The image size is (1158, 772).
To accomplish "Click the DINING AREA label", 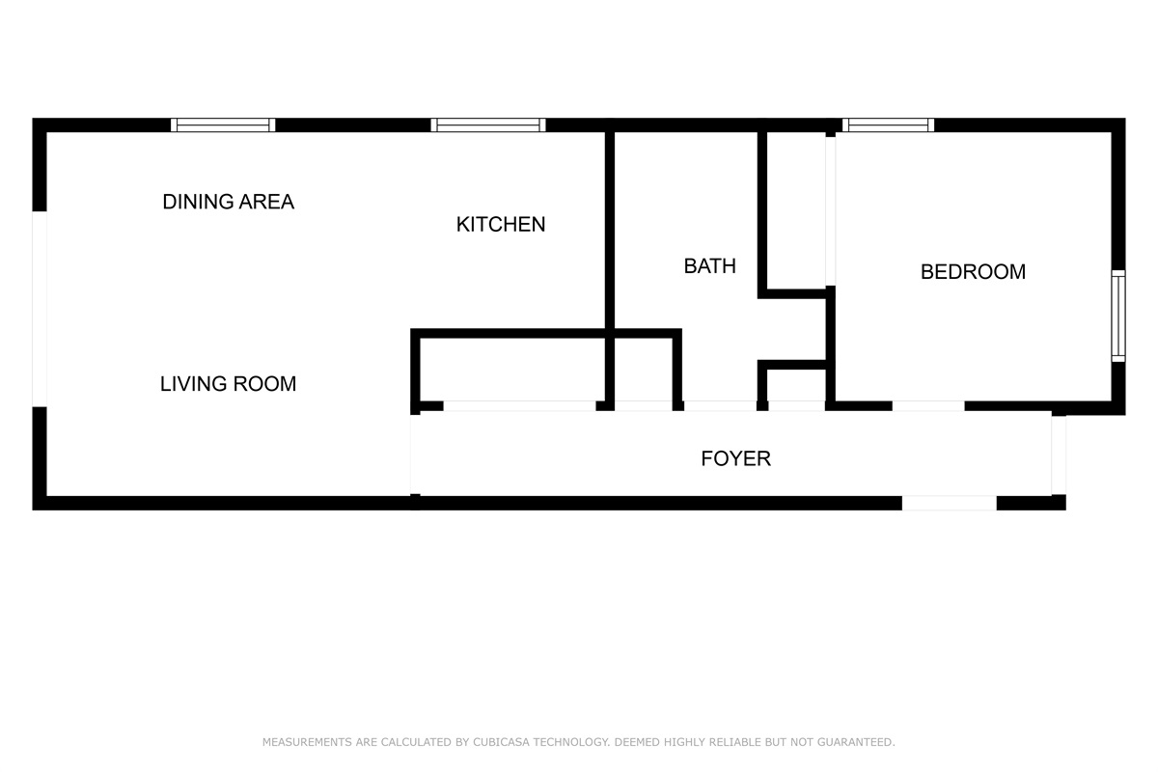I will [x=228, y=202].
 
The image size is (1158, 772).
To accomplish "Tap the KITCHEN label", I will [x=500, y=225].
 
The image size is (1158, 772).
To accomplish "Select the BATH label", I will [x=709, y=266].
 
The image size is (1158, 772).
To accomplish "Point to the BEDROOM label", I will [x=973, y=272].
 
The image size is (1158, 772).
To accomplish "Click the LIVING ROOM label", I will [x=228, y=384].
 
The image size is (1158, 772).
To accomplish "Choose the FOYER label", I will [x=735, y=458].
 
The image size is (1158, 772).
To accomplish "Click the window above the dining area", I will [x=223, y=124].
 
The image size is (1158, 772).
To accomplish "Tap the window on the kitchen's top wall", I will [x=488, y=124].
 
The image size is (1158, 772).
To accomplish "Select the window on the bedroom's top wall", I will [x=888, y=124].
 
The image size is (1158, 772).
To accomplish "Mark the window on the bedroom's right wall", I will [x=1117, y=316].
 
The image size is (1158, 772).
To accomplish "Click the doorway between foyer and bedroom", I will [x=927, y=406].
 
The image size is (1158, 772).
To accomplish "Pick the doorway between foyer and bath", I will [x=720, y=406].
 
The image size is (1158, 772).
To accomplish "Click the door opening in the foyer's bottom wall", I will [x=949, y=503].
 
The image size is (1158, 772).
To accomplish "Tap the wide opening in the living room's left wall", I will [x=40, y=309].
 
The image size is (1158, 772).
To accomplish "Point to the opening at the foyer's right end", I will [x=1058, y=455].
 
